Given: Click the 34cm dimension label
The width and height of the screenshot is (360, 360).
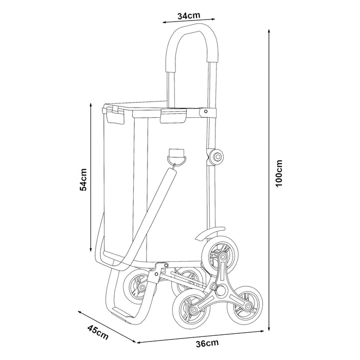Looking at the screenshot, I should [x=189, y=15].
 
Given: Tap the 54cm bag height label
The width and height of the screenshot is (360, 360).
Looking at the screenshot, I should [x=83, y=181].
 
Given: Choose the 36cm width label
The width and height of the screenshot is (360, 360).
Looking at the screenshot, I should [x=205, y=343].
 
